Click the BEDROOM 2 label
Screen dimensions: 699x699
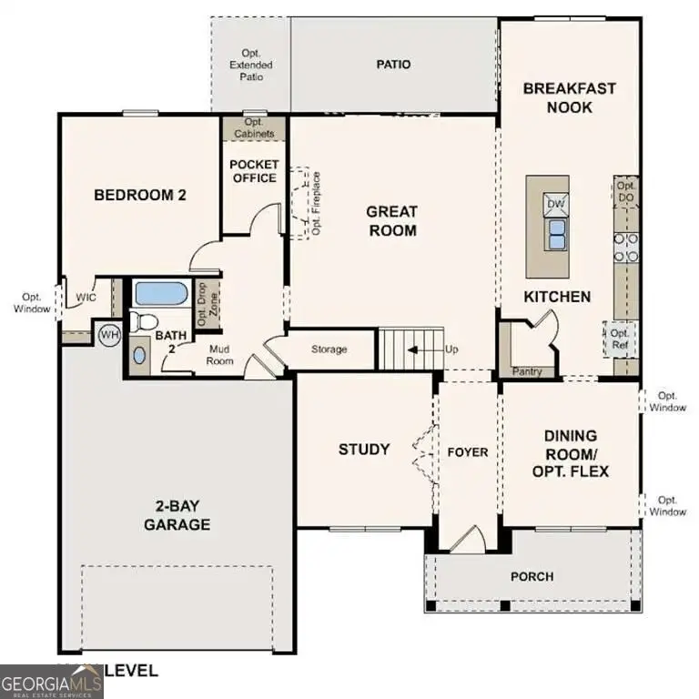click(140, 194)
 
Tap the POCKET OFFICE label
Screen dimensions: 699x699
click(254, 171)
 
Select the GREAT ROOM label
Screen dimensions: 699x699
click(391, 221)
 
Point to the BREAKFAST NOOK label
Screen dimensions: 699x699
click(570, 97)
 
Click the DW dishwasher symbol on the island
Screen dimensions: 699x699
click(555, 204)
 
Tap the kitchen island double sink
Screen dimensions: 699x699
click(555, 234)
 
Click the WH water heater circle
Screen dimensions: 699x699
click(108, 335)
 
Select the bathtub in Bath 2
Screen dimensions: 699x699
click(160, 294)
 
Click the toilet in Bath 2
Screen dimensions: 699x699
click(142, 320)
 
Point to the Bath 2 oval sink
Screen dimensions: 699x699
click(138, 354)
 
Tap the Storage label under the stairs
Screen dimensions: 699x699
click(329, 349)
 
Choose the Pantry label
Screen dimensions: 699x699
click(527, 371)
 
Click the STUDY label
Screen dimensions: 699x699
click(364, 449)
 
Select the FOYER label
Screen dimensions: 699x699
click(467, 452)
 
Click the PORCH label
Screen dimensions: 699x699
click(532, 576)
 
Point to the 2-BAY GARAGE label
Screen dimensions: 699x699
click(176, 515)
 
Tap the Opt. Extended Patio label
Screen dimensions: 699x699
click(250, 66)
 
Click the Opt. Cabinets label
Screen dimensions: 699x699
click(254, 128)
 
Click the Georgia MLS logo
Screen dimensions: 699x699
click(51, 681)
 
